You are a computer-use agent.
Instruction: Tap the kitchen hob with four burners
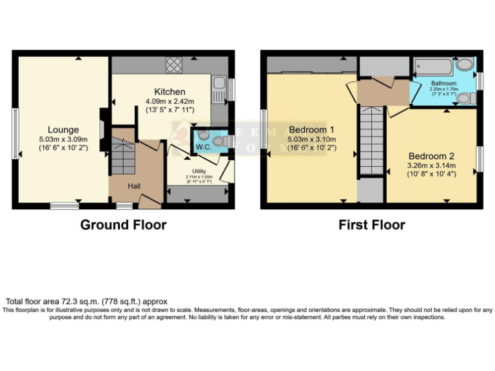coord(174,64)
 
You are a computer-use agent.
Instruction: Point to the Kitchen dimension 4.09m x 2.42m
coord(170,101)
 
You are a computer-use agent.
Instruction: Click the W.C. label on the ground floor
coord(203,146)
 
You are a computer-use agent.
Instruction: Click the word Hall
coord(134,187)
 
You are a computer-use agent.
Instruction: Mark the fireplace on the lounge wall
coord(102,122)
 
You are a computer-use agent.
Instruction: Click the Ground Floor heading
coord(123,225)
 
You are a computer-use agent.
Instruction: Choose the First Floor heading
coord(372,225)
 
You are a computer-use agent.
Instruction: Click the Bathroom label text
coord(443,84)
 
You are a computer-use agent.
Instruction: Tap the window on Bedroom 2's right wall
coord(480,158)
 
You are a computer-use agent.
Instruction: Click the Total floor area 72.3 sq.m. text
coord(86,301)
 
